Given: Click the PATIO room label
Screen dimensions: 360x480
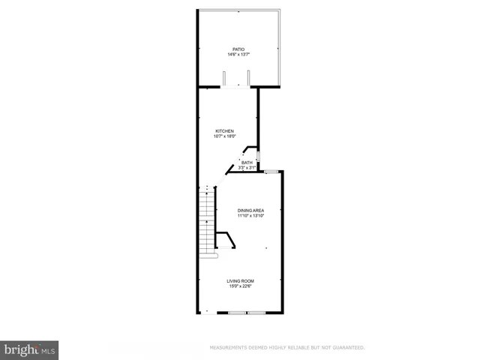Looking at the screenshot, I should point(238,49).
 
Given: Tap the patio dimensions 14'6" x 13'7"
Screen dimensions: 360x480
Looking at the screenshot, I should point(238,55).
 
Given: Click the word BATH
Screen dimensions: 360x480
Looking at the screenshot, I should point(247,163).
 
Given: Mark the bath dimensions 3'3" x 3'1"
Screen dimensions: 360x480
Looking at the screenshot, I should point(247,168).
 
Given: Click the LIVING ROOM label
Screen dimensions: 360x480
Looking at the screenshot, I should point(241,280).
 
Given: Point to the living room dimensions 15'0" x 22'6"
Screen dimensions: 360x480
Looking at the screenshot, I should point(241,286).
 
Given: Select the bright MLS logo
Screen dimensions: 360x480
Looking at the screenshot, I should point(29,349).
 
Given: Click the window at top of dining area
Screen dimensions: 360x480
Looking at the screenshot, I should point(271,172).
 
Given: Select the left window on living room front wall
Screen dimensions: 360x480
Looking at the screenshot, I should point(238,312).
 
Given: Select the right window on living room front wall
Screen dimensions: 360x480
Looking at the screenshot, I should point(256,312).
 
